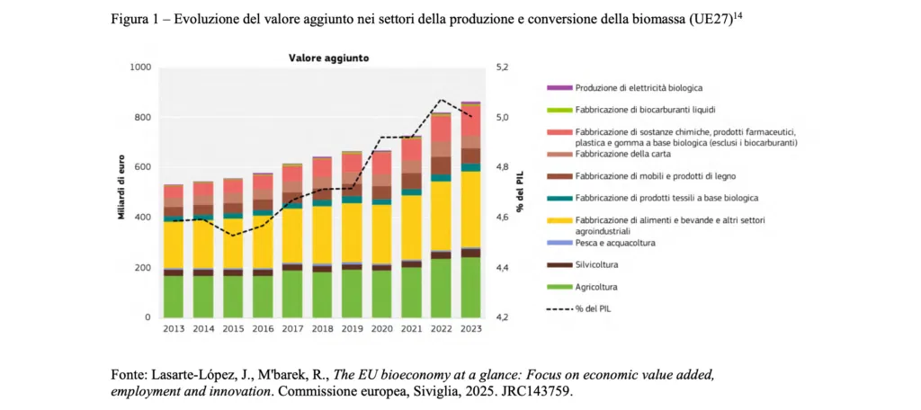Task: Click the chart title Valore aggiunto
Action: pos(327,58)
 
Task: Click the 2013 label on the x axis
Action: pos(174,329)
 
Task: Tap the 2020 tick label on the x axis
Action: pos(381,329)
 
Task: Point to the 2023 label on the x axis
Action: pos(470,329)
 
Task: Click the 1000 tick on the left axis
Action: pos(139,67)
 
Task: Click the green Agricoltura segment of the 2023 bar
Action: pos(470,288)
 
